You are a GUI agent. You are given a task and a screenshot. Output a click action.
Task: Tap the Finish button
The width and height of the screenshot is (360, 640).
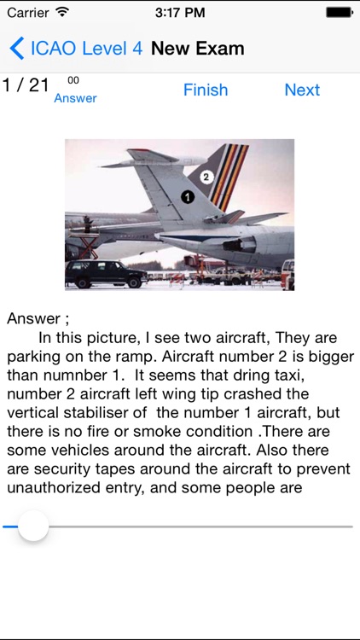pos(206,90)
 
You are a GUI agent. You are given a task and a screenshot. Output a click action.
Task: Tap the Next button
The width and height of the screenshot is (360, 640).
pos(302,90)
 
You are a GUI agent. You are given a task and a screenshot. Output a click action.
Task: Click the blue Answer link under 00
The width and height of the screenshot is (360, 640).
pos(75,98)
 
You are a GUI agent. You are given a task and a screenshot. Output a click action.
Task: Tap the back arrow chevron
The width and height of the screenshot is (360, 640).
pos(16,48)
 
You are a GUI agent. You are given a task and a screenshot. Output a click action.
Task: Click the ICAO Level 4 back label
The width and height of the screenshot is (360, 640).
pos(86,48)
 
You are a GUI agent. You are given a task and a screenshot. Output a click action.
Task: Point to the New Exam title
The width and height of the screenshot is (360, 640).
pos(198,48)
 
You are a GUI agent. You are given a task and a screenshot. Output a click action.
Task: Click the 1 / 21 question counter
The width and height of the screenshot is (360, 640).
pos(26,85)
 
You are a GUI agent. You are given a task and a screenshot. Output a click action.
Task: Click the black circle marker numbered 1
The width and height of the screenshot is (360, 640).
pos(188,196)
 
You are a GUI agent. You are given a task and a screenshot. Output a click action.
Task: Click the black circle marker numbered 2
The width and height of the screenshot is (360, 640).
pos(206,177)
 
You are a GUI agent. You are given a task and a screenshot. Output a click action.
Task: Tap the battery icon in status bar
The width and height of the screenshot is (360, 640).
pos(339,13)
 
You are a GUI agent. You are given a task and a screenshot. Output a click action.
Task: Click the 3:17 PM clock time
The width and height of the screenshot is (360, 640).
pos(180,13)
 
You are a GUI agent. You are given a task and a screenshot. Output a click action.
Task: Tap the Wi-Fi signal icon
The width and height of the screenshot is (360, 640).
pos(62,13)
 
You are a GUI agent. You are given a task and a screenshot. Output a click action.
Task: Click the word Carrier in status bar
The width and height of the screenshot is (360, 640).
pos(28,13)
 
